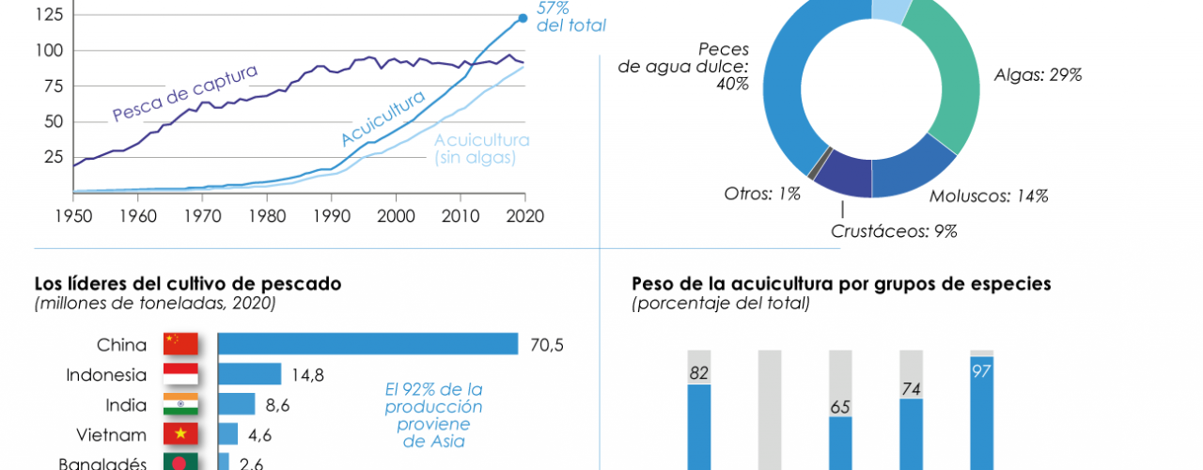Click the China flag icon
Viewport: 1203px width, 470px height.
[x=180, y=344]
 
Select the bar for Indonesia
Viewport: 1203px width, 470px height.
[x=250, y=374]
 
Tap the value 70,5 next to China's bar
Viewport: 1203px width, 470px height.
[x=546, y=344]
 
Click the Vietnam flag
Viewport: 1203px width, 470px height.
[x=180, y=434]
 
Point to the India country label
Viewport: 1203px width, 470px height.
[x=127, y=404]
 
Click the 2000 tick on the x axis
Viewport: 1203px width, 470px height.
[x=396, y=215]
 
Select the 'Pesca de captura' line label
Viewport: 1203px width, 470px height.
[x=184, y=92]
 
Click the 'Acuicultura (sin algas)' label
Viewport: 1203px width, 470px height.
[x=481, y=149]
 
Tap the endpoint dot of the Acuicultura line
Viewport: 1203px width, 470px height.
[x=523, y=18]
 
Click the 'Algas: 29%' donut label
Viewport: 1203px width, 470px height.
[x=1038, y=75]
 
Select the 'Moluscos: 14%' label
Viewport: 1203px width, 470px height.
[x=988, y=196]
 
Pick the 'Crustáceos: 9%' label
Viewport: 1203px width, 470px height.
[x=894, y=231]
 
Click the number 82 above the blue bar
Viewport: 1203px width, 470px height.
[x=698, y=373]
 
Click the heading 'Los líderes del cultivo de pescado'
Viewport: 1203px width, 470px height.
[x=188, y=283]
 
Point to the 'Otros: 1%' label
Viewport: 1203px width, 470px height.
[x=762, y=194]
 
